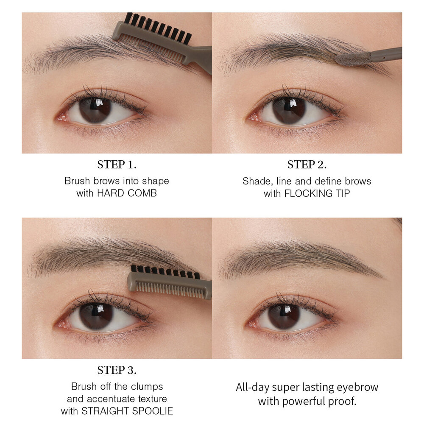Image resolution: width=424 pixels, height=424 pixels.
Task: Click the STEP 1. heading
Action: (117, 165)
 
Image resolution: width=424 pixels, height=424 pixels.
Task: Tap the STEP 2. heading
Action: (307, 165)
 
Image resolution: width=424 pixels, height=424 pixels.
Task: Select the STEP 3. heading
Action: (117, 370)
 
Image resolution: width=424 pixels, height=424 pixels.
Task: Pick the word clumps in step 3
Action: (147, 387)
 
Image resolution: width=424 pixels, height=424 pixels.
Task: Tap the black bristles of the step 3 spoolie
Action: (165, 272)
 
